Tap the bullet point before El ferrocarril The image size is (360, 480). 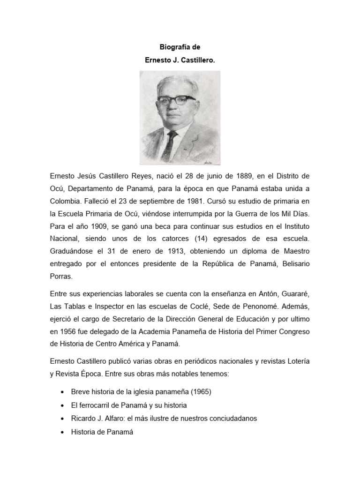(x=63, y=405)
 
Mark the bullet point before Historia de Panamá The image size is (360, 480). (x=63, y=432)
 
